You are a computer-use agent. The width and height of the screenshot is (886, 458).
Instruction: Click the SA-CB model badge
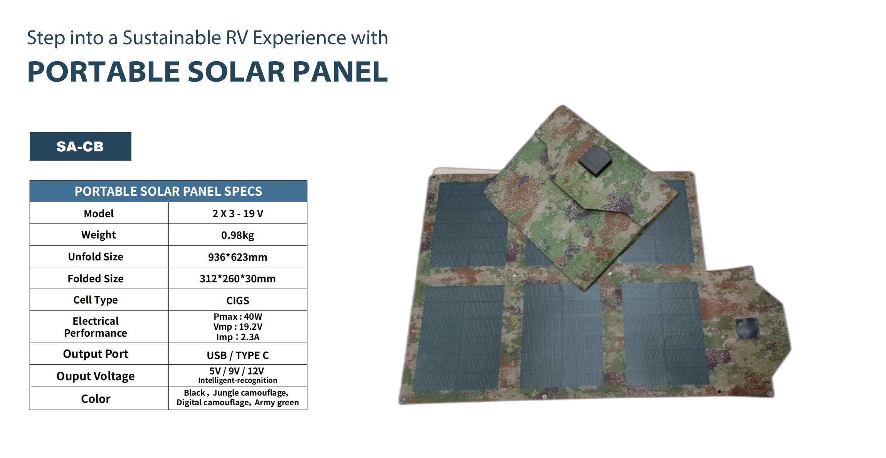click(x=80, y=146)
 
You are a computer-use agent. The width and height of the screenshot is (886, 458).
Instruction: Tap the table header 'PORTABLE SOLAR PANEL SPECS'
click(x=168, y=191)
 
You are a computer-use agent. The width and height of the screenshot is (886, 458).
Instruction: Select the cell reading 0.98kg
click(x=237, y=235)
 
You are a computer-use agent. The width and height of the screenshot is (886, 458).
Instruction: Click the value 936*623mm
click(x=237, y=257)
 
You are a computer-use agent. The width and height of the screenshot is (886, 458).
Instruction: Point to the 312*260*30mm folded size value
click(x=237, y=278)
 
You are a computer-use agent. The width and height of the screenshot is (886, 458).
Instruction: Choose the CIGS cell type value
click(x=237, y=300)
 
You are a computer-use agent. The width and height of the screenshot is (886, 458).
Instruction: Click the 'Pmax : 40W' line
click(x=237, y=317)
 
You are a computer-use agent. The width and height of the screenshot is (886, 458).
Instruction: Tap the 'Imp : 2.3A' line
click(x=237, y=337)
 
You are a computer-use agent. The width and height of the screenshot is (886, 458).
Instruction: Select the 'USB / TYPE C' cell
click(x=237, y=355)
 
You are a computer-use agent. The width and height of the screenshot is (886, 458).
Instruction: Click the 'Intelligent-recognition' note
click(x=237, y=380)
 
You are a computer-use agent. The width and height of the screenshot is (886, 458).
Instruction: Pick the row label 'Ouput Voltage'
click(x=96, y=376)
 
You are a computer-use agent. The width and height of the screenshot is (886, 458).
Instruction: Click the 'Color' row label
click(x=96, y=399)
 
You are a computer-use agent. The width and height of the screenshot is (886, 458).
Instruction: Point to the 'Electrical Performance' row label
click(x=96, y=327)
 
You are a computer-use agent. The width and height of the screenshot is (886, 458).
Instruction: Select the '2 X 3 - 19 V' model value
click(x=237, y=213)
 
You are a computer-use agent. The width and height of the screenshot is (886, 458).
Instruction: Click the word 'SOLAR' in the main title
click(x=236, y=72)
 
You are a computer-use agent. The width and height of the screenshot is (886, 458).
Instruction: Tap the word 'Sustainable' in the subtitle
click(x=172, y=38)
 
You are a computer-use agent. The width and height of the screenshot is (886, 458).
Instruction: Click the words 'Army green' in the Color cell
click(x=277, y=403)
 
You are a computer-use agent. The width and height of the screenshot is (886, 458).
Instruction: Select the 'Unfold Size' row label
click(x=96, y=257)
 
